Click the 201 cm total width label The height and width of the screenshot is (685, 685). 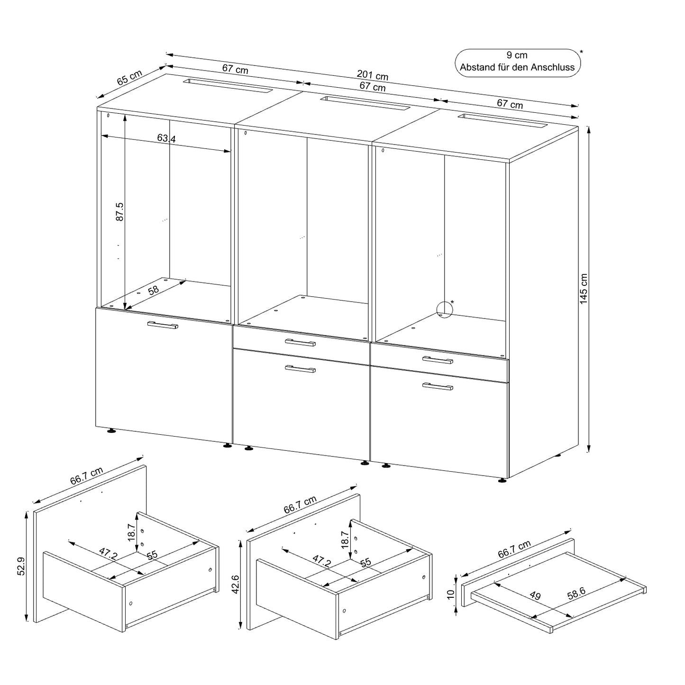click(372, 75)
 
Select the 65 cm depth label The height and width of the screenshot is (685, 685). click(129, 77)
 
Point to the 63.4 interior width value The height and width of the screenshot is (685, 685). click(166, 138)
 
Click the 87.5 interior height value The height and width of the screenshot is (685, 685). click(120, 211)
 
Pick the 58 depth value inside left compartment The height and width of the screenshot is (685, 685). click(153, 290)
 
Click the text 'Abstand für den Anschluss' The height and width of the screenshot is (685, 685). click(517, 67)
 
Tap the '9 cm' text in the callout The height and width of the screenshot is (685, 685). click(517, 55)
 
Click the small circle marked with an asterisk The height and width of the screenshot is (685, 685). click(444, 310)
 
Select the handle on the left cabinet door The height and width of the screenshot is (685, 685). click(163, 325)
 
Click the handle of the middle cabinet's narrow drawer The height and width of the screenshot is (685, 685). click(300, 342)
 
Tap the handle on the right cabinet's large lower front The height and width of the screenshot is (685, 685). click(438, 386)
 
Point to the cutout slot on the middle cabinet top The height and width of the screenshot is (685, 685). click(365, 102)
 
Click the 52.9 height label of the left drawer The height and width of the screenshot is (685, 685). click(22, 566)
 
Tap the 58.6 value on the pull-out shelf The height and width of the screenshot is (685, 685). click(576, 594)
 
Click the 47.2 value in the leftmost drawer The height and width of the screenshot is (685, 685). click(108, 554)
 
